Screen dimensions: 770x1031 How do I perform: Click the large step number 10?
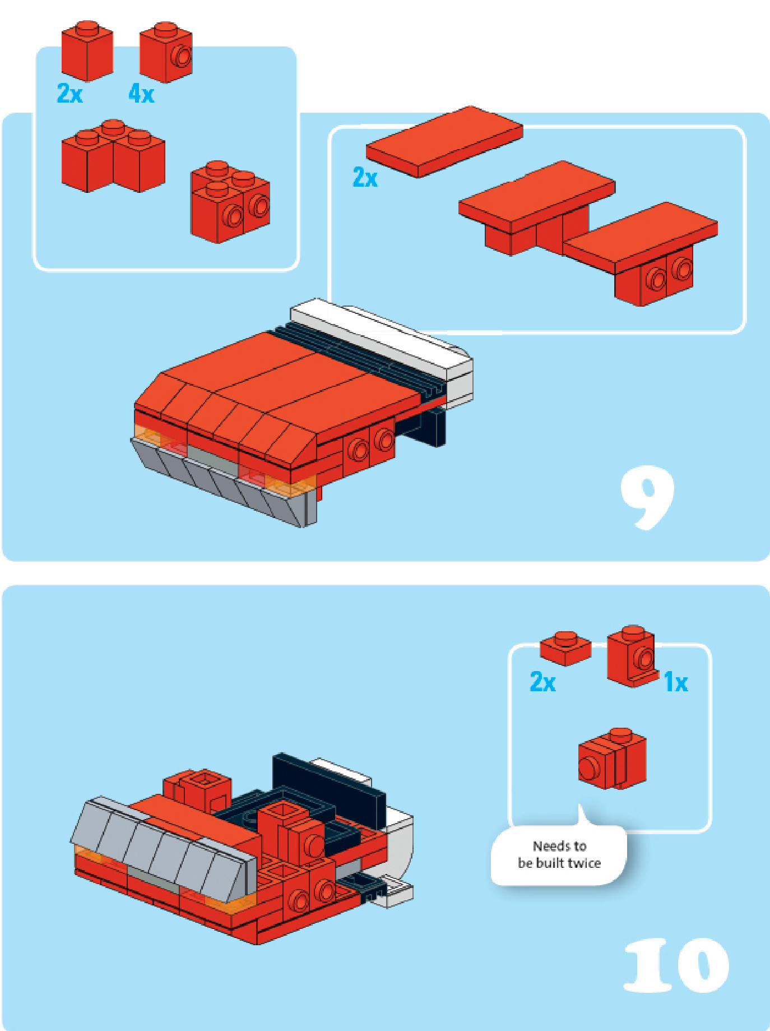(676, 965)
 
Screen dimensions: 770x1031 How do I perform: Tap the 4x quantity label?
(141, 93)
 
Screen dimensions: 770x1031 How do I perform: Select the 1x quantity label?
(676, 682)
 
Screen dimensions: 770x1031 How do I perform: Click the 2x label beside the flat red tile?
(365, 177)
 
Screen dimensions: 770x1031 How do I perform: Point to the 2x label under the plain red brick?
(70, 93)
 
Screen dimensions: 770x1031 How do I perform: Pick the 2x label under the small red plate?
(542, 682)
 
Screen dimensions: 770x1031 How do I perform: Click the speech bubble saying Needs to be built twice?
(559, 852)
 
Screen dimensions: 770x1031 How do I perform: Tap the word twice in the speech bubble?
(585, 863)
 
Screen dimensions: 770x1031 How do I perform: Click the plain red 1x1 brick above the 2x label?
(87, 51)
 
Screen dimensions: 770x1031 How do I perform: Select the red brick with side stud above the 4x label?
(166, 52)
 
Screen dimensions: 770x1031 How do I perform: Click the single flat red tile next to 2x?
(444, 141)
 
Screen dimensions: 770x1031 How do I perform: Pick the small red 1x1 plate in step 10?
(565, 649)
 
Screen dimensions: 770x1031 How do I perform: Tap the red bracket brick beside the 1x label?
(632, 656)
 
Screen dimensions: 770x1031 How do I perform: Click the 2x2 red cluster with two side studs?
(230, 202)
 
